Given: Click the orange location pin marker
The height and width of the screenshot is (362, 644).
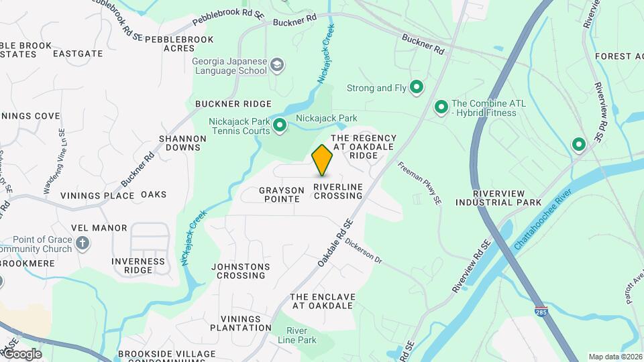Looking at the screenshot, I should tap(322, 160).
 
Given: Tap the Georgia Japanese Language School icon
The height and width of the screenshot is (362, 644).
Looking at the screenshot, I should tap(277, 65).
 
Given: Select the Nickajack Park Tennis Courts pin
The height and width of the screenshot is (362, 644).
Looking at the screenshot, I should tap(280, 125).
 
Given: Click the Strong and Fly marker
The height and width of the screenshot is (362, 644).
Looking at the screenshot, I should tap(416, 87).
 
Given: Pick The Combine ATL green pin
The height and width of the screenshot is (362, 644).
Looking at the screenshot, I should tap(441, 107).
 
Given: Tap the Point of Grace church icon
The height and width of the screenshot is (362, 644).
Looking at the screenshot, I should tap(83, 243).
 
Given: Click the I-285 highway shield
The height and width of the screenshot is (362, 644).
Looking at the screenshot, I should tap(541, 311).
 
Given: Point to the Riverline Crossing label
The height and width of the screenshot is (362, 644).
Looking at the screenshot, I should tap(338, 191).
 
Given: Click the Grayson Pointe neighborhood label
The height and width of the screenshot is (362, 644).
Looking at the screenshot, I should tap(282, 195).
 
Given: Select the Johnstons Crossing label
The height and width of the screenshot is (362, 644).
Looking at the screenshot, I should tap(241, 271).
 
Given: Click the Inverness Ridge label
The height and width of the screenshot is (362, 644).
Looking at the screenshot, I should tap(139, 265).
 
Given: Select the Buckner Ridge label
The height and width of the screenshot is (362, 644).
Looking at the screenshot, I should tap(233, 104).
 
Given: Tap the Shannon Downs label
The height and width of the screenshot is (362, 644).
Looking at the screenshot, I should tap(182, 143).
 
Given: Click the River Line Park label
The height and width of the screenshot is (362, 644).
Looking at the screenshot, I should tap(301, 335).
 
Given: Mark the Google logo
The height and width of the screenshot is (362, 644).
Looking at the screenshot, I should tap(22, 353).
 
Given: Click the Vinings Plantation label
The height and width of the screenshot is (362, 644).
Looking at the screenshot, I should tap(241, 323).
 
